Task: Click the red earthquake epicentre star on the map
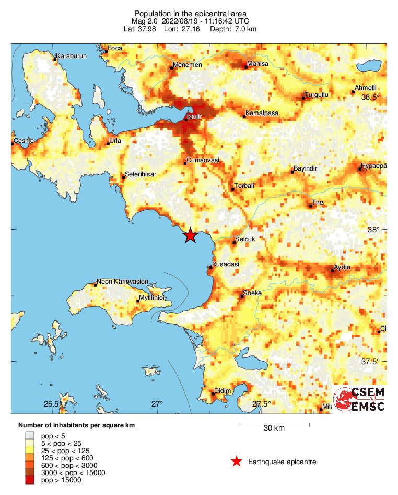(x=190, y=235)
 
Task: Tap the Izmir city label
(x=194, y=118)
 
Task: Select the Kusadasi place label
(x=226, y=264)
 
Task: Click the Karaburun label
(x=71, y=56)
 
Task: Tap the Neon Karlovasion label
(x=124, y=282)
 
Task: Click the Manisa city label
(x=257, y=64)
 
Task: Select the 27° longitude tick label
(x=157, y=403)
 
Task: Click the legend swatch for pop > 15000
(x=30, y=480)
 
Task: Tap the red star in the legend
(x=237, y=462)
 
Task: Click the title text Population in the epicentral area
(x=190, y=13)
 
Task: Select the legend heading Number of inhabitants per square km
(x=76, y=425)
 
